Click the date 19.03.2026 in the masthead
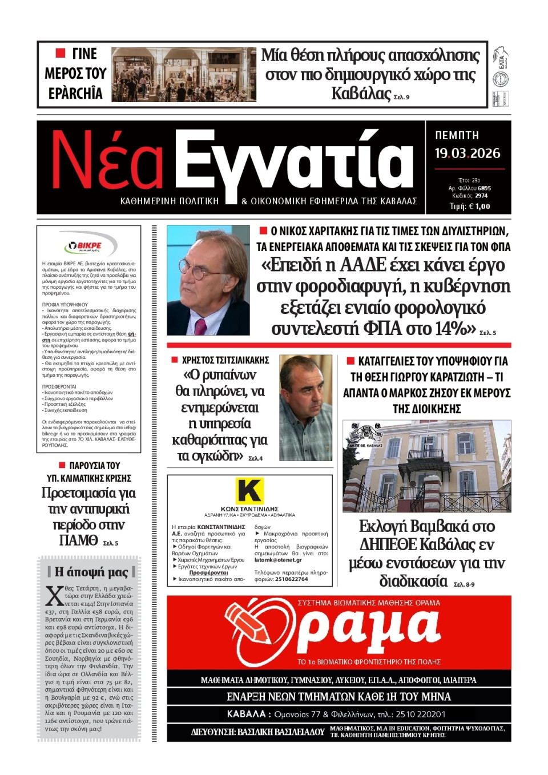467,154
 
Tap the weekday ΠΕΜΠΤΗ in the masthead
457,135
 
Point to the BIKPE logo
89,246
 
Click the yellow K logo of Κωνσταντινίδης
249,491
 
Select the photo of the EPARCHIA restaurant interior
183,74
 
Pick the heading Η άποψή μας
91,572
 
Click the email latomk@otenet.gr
278,560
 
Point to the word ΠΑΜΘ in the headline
78,540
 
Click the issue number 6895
484,188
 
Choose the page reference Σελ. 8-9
464,584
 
